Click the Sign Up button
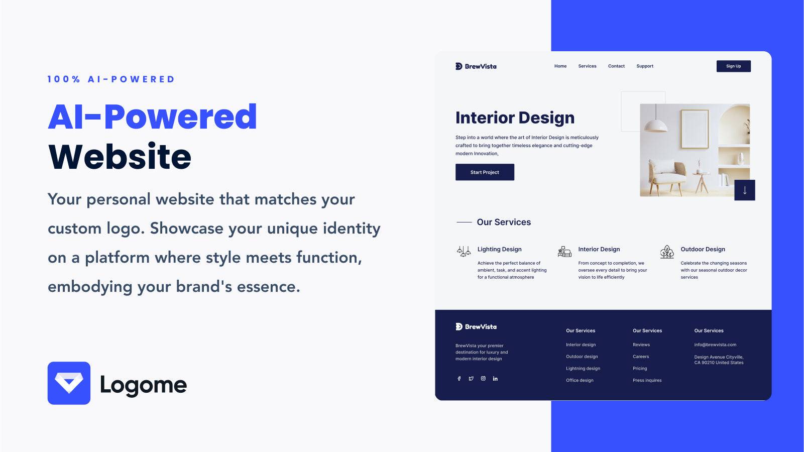733,66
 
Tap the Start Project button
485,172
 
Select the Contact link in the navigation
616,66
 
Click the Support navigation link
645,66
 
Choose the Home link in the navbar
560,66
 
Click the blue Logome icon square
69,383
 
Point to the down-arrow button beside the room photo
744,190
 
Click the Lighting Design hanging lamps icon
464,251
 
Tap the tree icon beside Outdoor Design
667,252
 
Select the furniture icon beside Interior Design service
564,252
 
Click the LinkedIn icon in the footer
495,378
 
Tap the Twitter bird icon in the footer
471,378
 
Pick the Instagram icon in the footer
483,378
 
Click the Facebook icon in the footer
459,378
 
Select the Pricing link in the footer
640,368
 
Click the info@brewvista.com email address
715,345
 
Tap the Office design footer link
580,380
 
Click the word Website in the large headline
120,156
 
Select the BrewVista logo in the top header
476,66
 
